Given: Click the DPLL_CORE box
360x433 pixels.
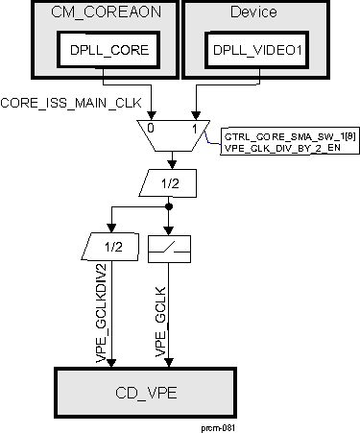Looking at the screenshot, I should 103,51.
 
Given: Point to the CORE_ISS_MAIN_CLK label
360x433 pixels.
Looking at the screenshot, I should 60,101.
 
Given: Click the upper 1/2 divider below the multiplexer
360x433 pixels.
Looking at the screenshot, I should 169,181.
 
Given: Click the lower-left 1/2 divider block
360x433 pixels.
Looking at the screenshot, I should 114,247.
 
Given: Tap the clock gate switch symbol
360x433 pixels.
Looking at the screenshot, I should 172,247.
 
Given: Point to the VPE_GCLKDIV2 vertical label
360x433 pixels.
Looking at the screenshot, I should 99,307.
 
